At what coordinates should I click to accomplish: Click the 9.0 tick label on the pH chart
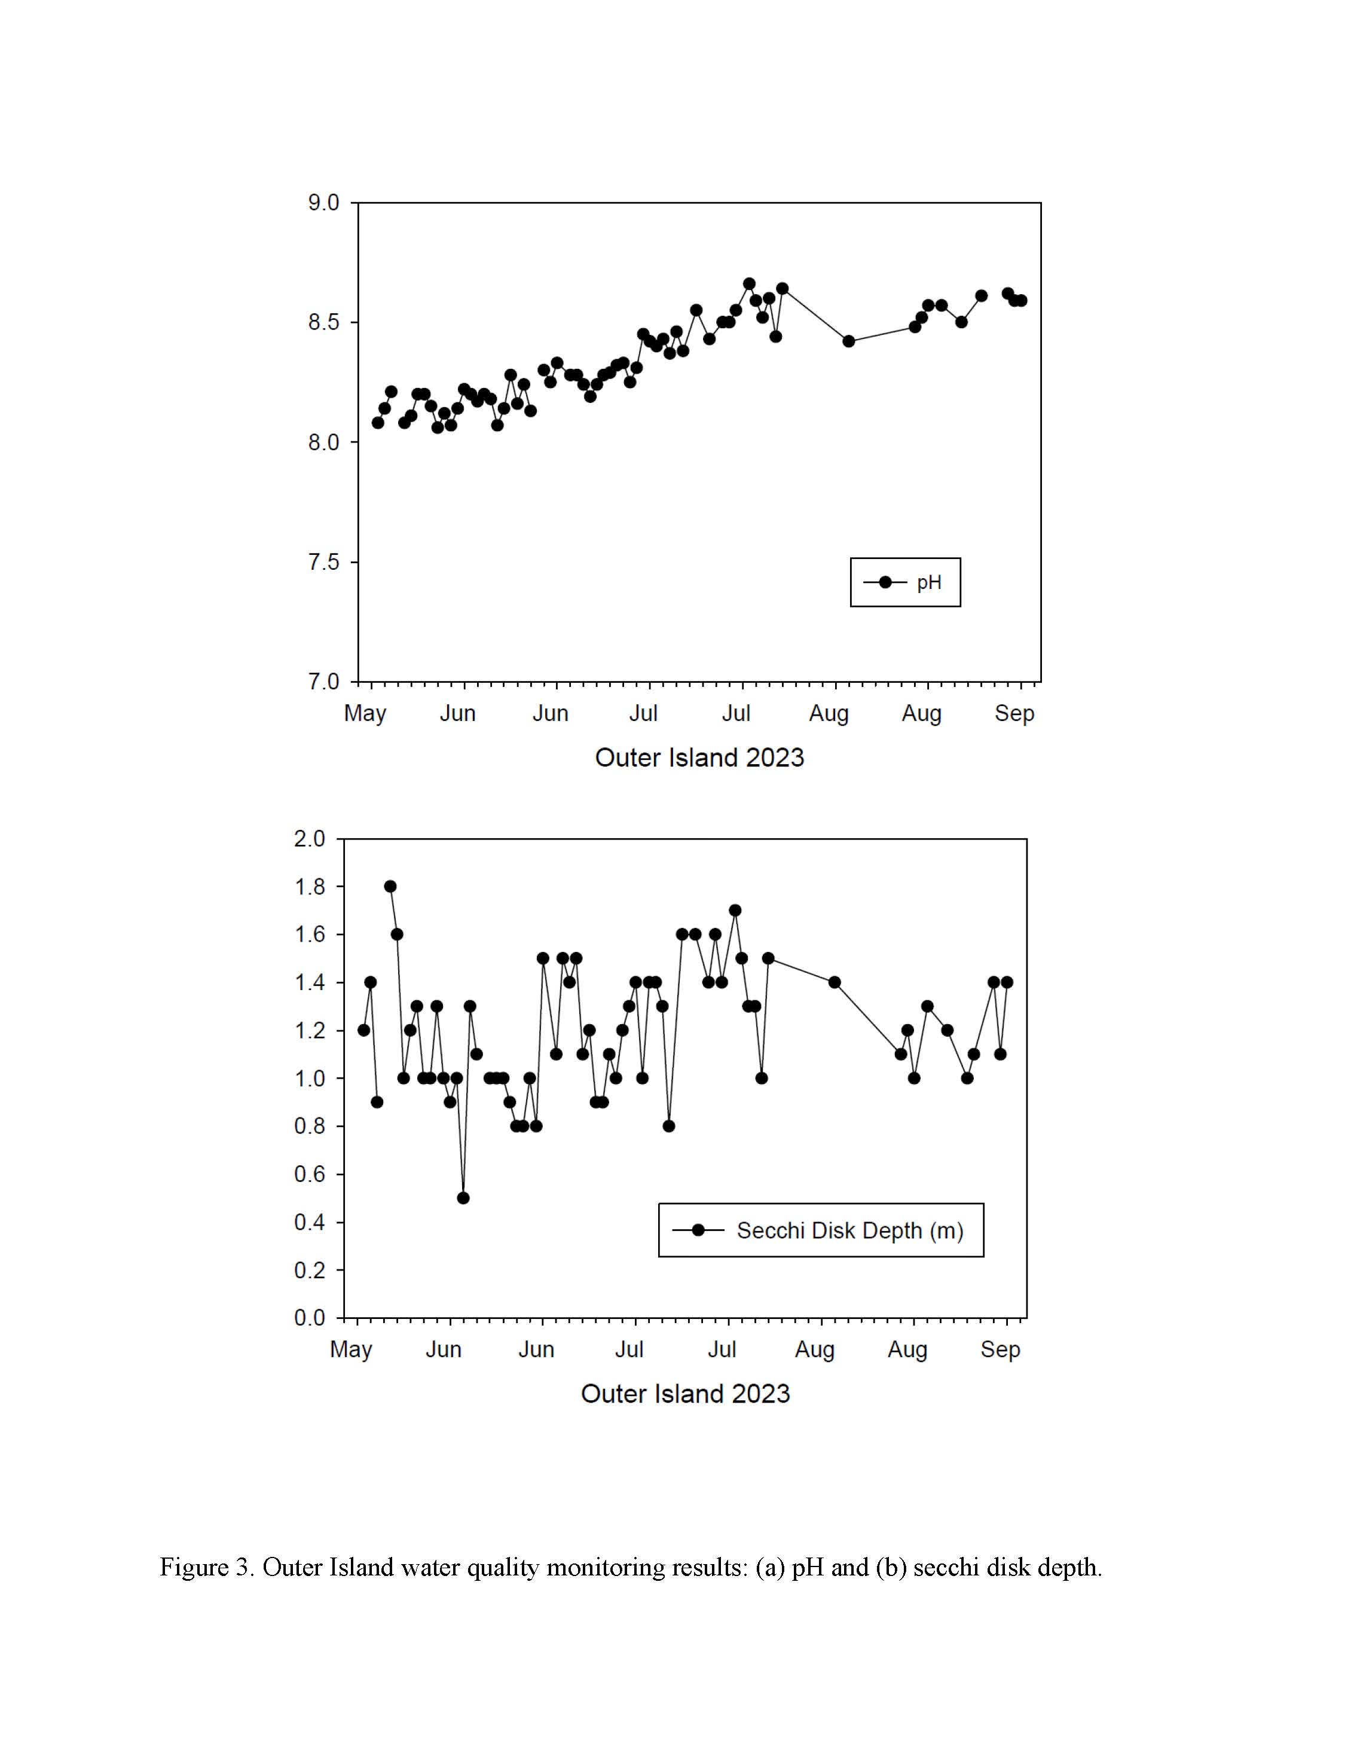323,203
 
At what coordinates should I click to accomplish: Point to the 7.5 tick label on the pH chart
323,562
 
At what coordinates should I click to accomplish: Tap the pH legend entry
904,583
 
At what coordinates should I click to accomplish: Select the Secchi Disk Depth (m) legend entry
821,1230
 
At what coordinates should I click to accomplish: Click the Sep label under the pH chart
1014,713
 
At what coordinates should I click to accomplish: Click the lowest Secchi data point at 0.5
463,1198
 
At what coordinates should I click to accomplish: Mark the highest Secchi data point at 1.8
390,887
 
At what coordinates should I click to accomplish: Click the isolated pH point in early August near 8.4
849,341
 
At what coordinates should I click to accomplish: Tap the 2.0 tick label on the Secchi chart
310,839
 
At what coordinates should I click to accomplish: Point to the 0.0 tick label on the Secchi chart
310,1318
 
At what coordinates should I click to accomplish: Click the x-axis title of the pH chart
699,758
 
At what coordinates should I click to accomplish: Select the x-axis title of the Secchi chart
686,1394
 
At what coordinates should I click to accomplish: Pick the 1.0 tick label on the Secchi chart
310,1078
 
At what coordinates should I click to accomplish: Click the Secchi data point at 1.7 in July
735,910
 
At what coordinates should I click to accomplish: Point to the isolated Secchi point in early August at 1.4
835,982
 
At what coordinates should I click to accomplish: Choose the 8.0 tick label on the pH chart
323,442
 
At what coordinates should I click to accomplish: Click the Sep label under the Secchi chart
1000,1350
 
